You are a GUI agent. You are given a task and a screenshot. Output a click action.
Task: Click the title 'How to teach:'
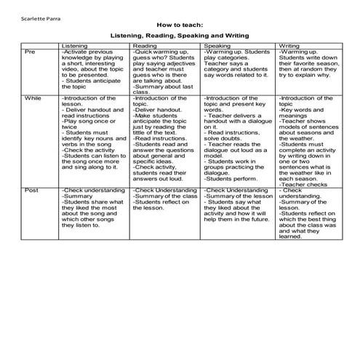(x=180, y=24)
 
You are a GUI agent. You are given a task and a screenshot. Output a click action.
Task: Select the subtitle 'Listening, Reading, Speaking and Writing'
(x=180, y=34)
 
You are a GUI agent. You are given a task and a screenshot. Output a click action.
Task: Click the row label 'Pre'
(x=30, y=52)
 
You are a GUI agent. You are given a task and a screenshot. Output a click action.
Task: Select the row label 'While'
(x=33, y=97)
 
